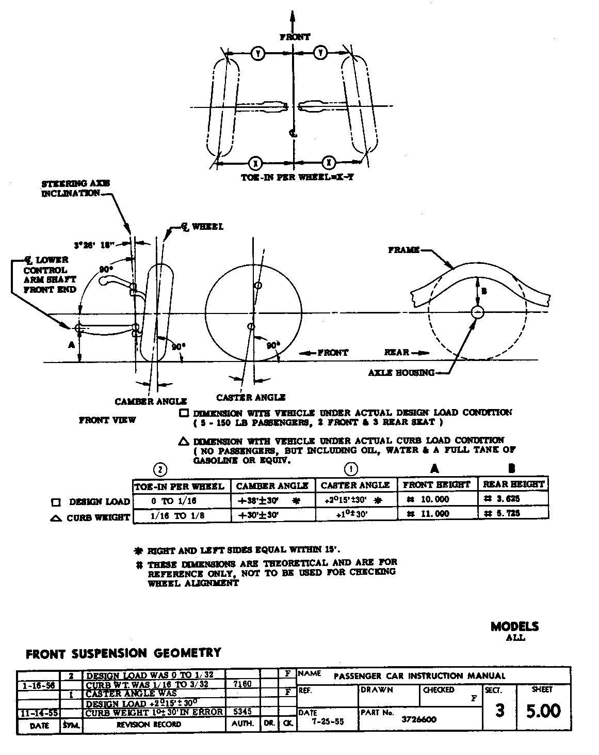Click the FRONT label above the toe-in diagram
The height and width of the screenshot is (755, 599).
tap(295, 37)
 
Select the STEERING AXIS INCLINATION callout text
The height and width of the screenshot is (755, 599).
tap(75, 188)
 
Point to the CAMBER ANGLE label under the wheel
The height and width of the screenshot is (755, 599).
tap(151, 401)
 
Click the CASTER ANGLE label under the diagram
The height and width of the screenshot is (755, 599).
tap(251, 397)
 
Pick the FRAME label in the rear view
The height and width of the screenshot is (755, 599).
tap(403, 250)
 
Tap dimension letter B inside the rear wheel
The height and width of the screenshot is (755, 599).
tap(483, 291)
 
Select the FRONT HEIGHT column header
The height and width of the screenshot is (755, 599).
tap(436, 484)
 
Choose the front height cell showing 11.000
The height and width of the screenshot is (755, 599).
tap(431, 514)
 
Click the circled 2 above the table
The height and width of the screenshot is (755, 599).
tap(161, 469)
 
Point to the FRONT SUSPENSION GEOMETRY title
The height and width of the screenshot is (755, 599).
tap(123, 653)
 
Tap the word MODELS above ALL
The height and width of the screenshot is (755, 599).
tap(514, 626)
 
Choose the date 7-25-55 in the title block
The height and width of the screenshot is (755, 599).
tap(327, 721)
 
